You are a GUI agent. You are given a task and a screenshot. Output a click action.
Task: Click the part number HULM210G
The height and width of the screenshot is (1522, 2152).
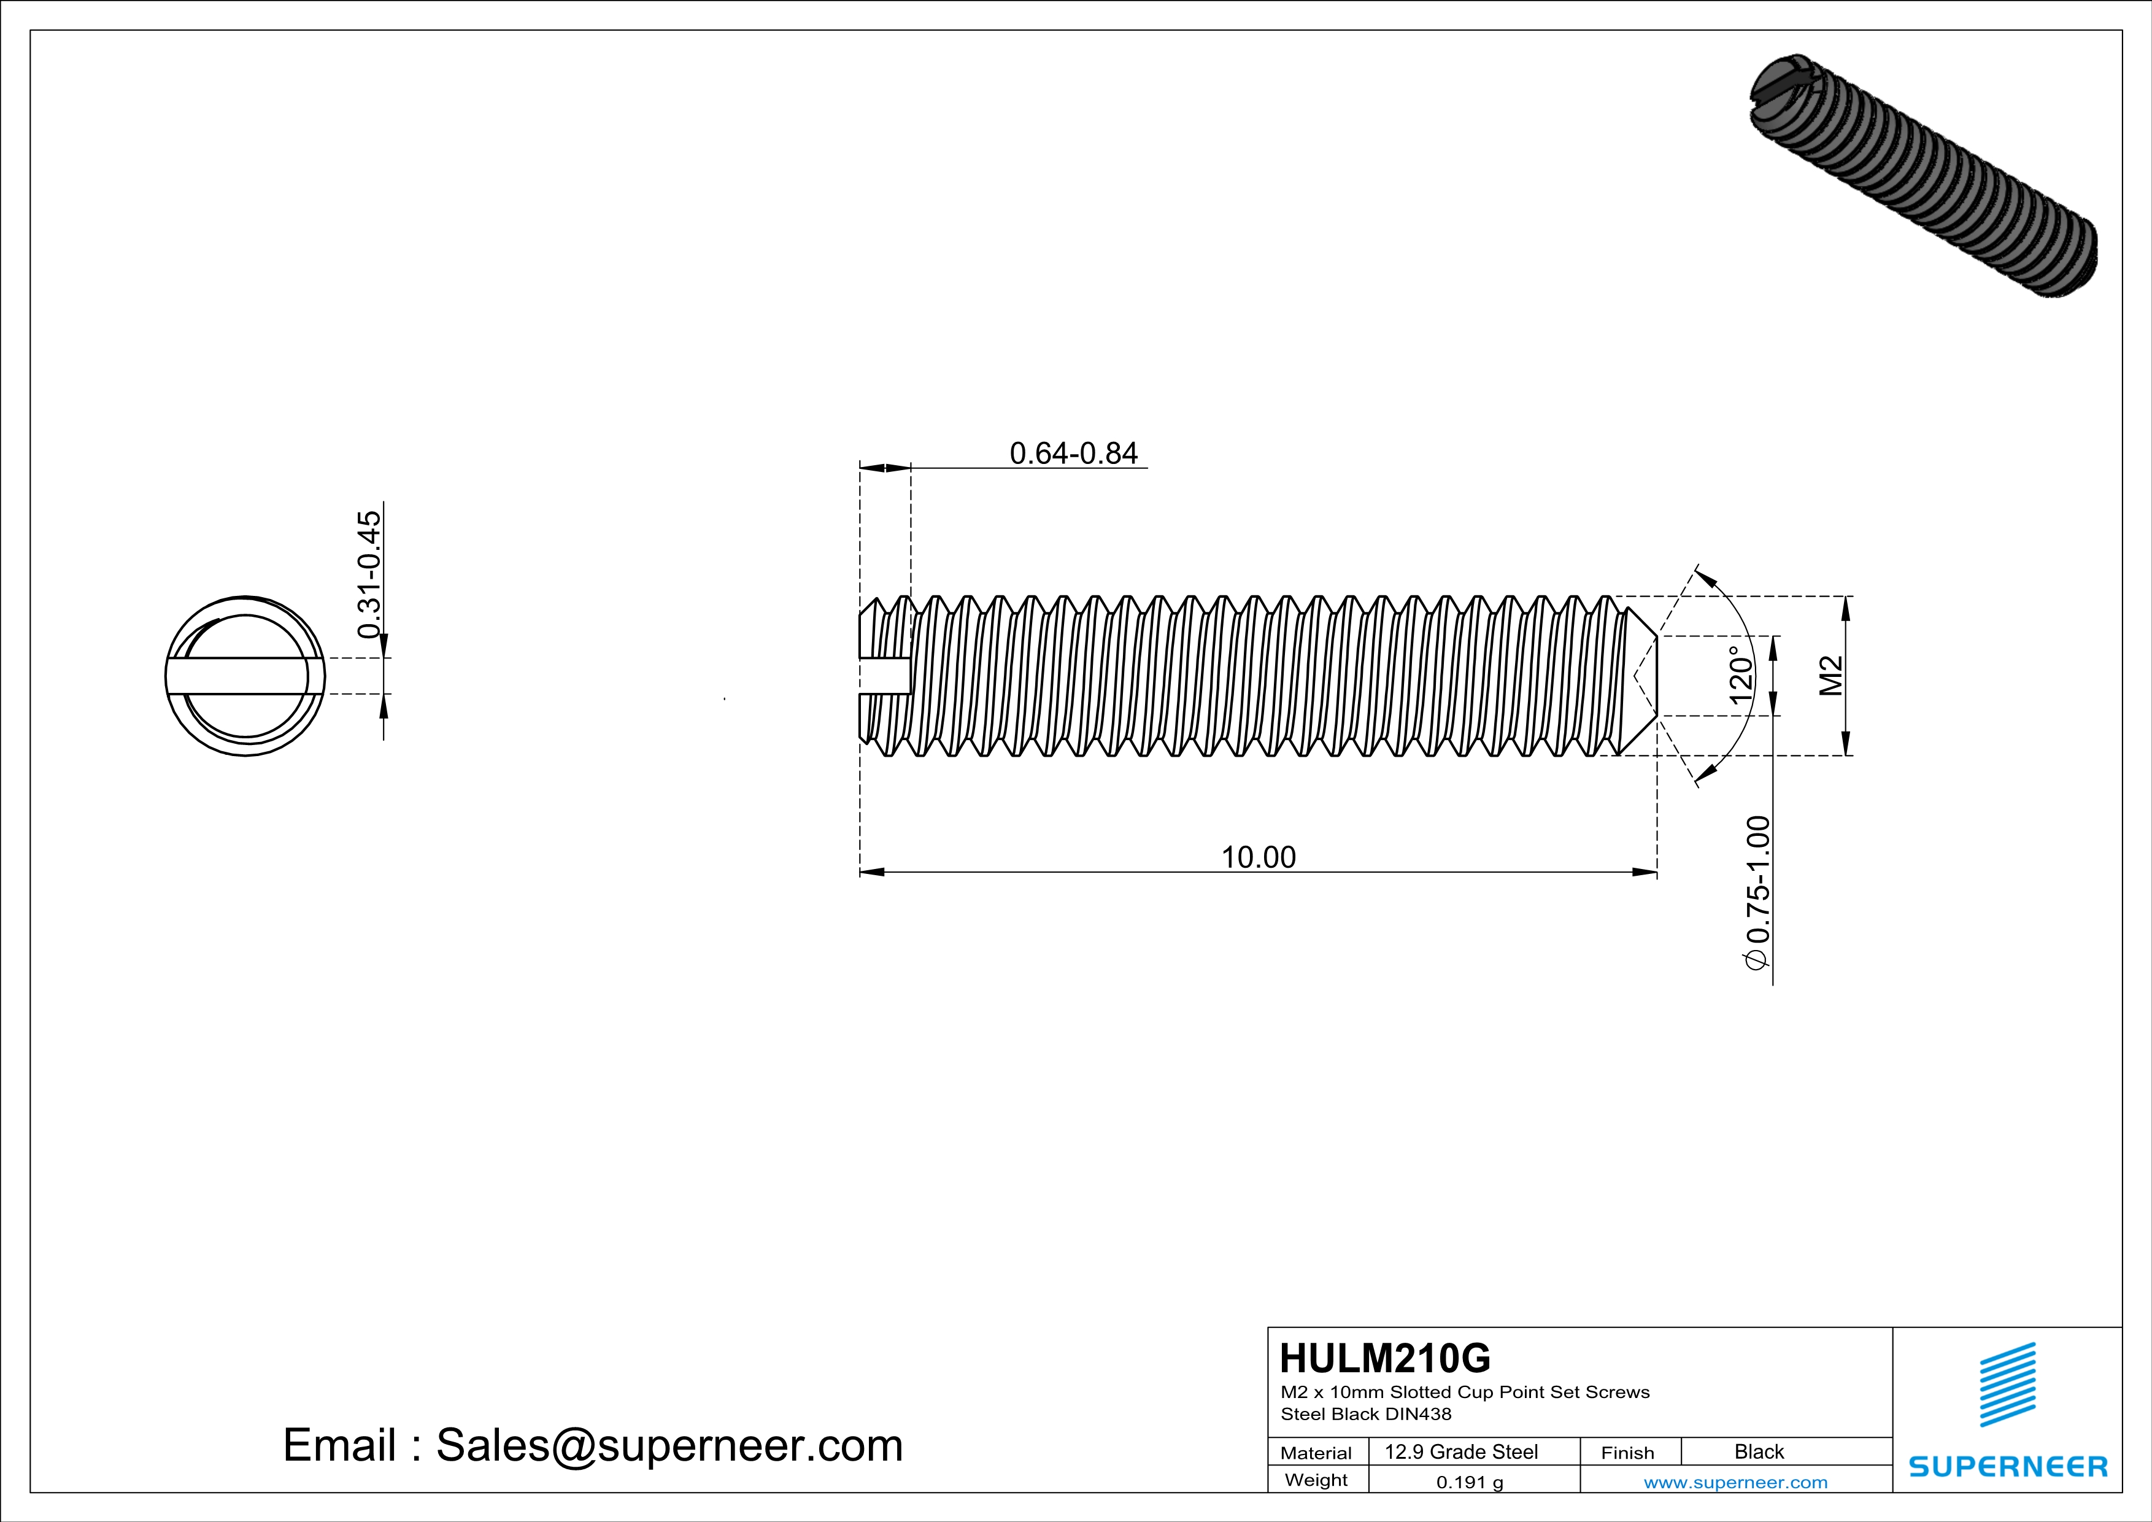coord(1384,1358)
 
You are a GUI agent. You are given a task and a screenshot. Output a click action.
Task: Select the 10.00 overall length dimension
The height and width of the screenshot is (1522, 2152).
coord(1258,857)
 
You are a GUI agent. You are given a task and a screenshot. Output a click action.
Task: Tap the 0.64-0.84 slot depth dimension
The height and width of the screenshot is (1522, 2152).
coord(1073,454)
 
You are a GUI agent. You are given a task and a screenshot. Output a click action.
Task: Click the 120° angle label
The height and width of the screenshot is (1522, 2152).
coord(1740,675)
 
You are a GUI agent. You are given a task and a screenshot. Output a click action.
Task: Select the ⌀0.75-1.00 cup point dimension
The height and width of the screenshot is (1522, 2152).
coord(1758,892)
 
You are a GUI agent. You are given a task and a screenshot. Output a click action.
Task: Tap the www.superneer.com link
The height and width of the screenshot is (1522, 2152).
coord(1735,1481)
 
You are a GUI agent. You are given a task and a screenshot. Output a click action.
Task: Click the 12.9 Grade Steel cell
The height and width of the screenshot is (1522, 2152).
coord(1461,1451)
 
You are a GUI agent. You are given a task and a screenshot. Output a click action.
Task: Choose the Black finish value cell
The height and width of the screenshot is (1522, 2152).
coord(1758,1451)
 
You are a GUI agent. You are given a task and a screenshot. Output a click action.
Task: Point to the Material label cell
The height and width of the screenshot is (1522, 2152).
coord(1316,1453)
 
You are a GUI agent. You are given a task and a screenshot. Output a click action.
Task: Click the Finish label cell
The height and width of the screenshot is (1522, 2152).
coord(1627,1453)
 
